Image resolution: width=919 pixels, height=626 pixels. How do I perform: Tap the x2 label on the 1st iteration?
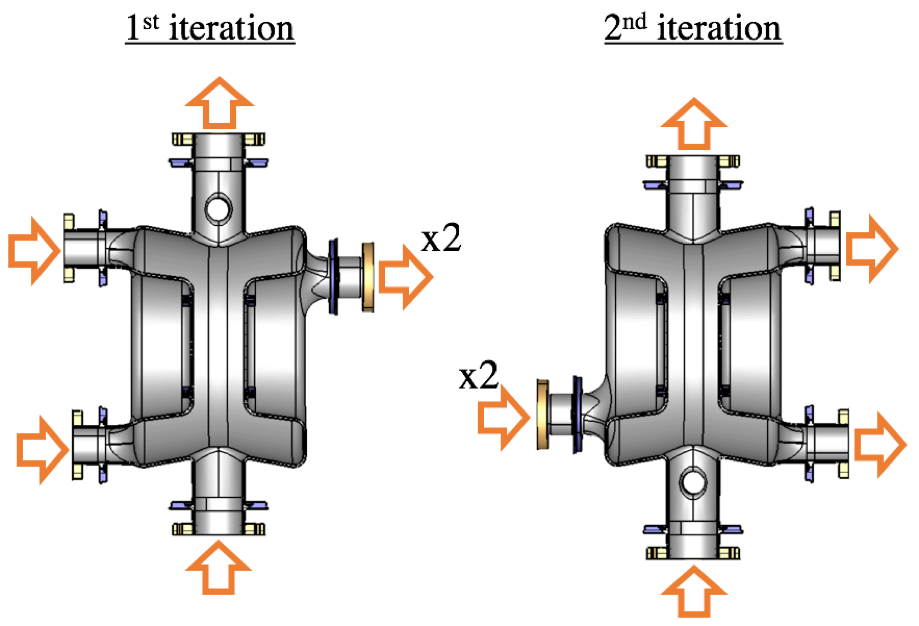(441, 240)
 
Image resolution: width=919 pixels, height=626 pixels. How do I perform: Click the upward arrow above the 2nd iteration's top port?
(693, 125)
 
